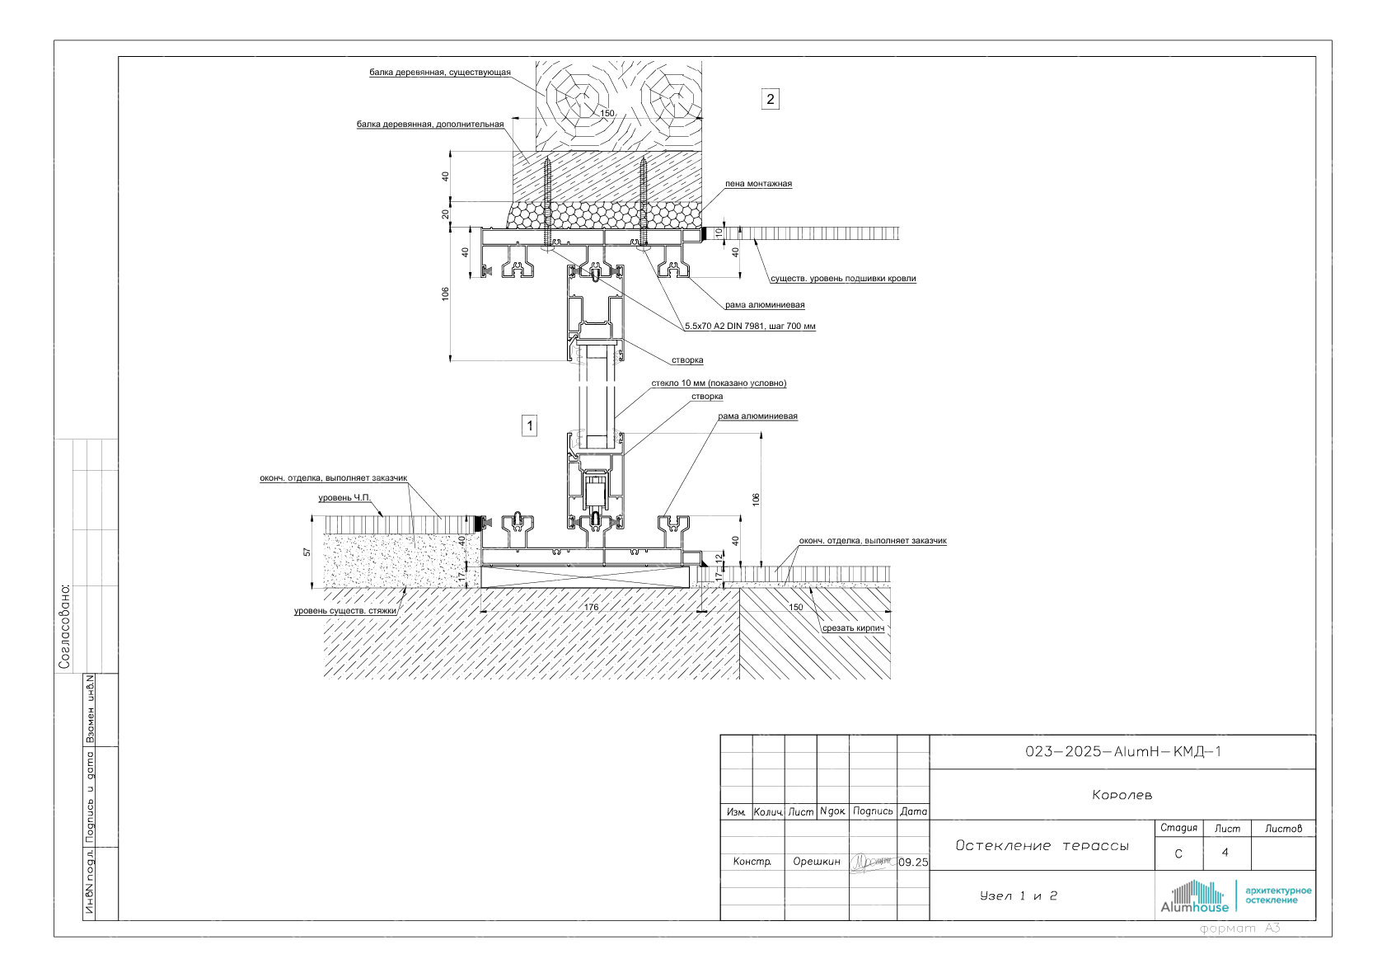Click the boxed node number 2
(x=771, y=100)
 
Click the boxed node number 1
(x=530, y=426)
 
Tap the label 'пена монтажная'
(x=758, y=184)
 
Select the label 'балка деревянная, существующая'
(x=439, y=73)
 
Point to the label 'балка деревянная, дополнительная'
(x=429, y=125)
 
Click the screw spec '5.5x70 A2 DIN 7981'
(x=750, y=327)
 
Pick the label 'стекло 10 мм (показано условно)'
(x=719, y=383)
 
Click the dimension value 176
(x=591, y=608)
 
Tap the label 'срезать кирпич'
(x=853, y=628)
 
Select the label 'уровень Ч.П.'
(x=344, y=498)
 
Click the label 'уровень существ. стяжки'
(x=345, y=611)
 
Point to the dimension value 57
(x=307, y=552)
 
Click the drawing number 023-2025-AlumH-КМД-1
(x=1122, y=752)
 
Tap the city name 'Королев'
(x=1122, y=796)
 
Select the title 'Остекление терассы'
(x=1042, y=846)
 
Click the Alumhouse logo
(x=1194, y=897)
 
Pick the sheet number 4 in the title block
(x=1225, y=853)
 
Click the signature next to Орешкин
(x=872, y=862)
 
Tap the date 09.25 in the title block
(x=913, y=863)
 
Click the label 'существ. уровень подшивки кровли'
(x=843, y=279)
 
